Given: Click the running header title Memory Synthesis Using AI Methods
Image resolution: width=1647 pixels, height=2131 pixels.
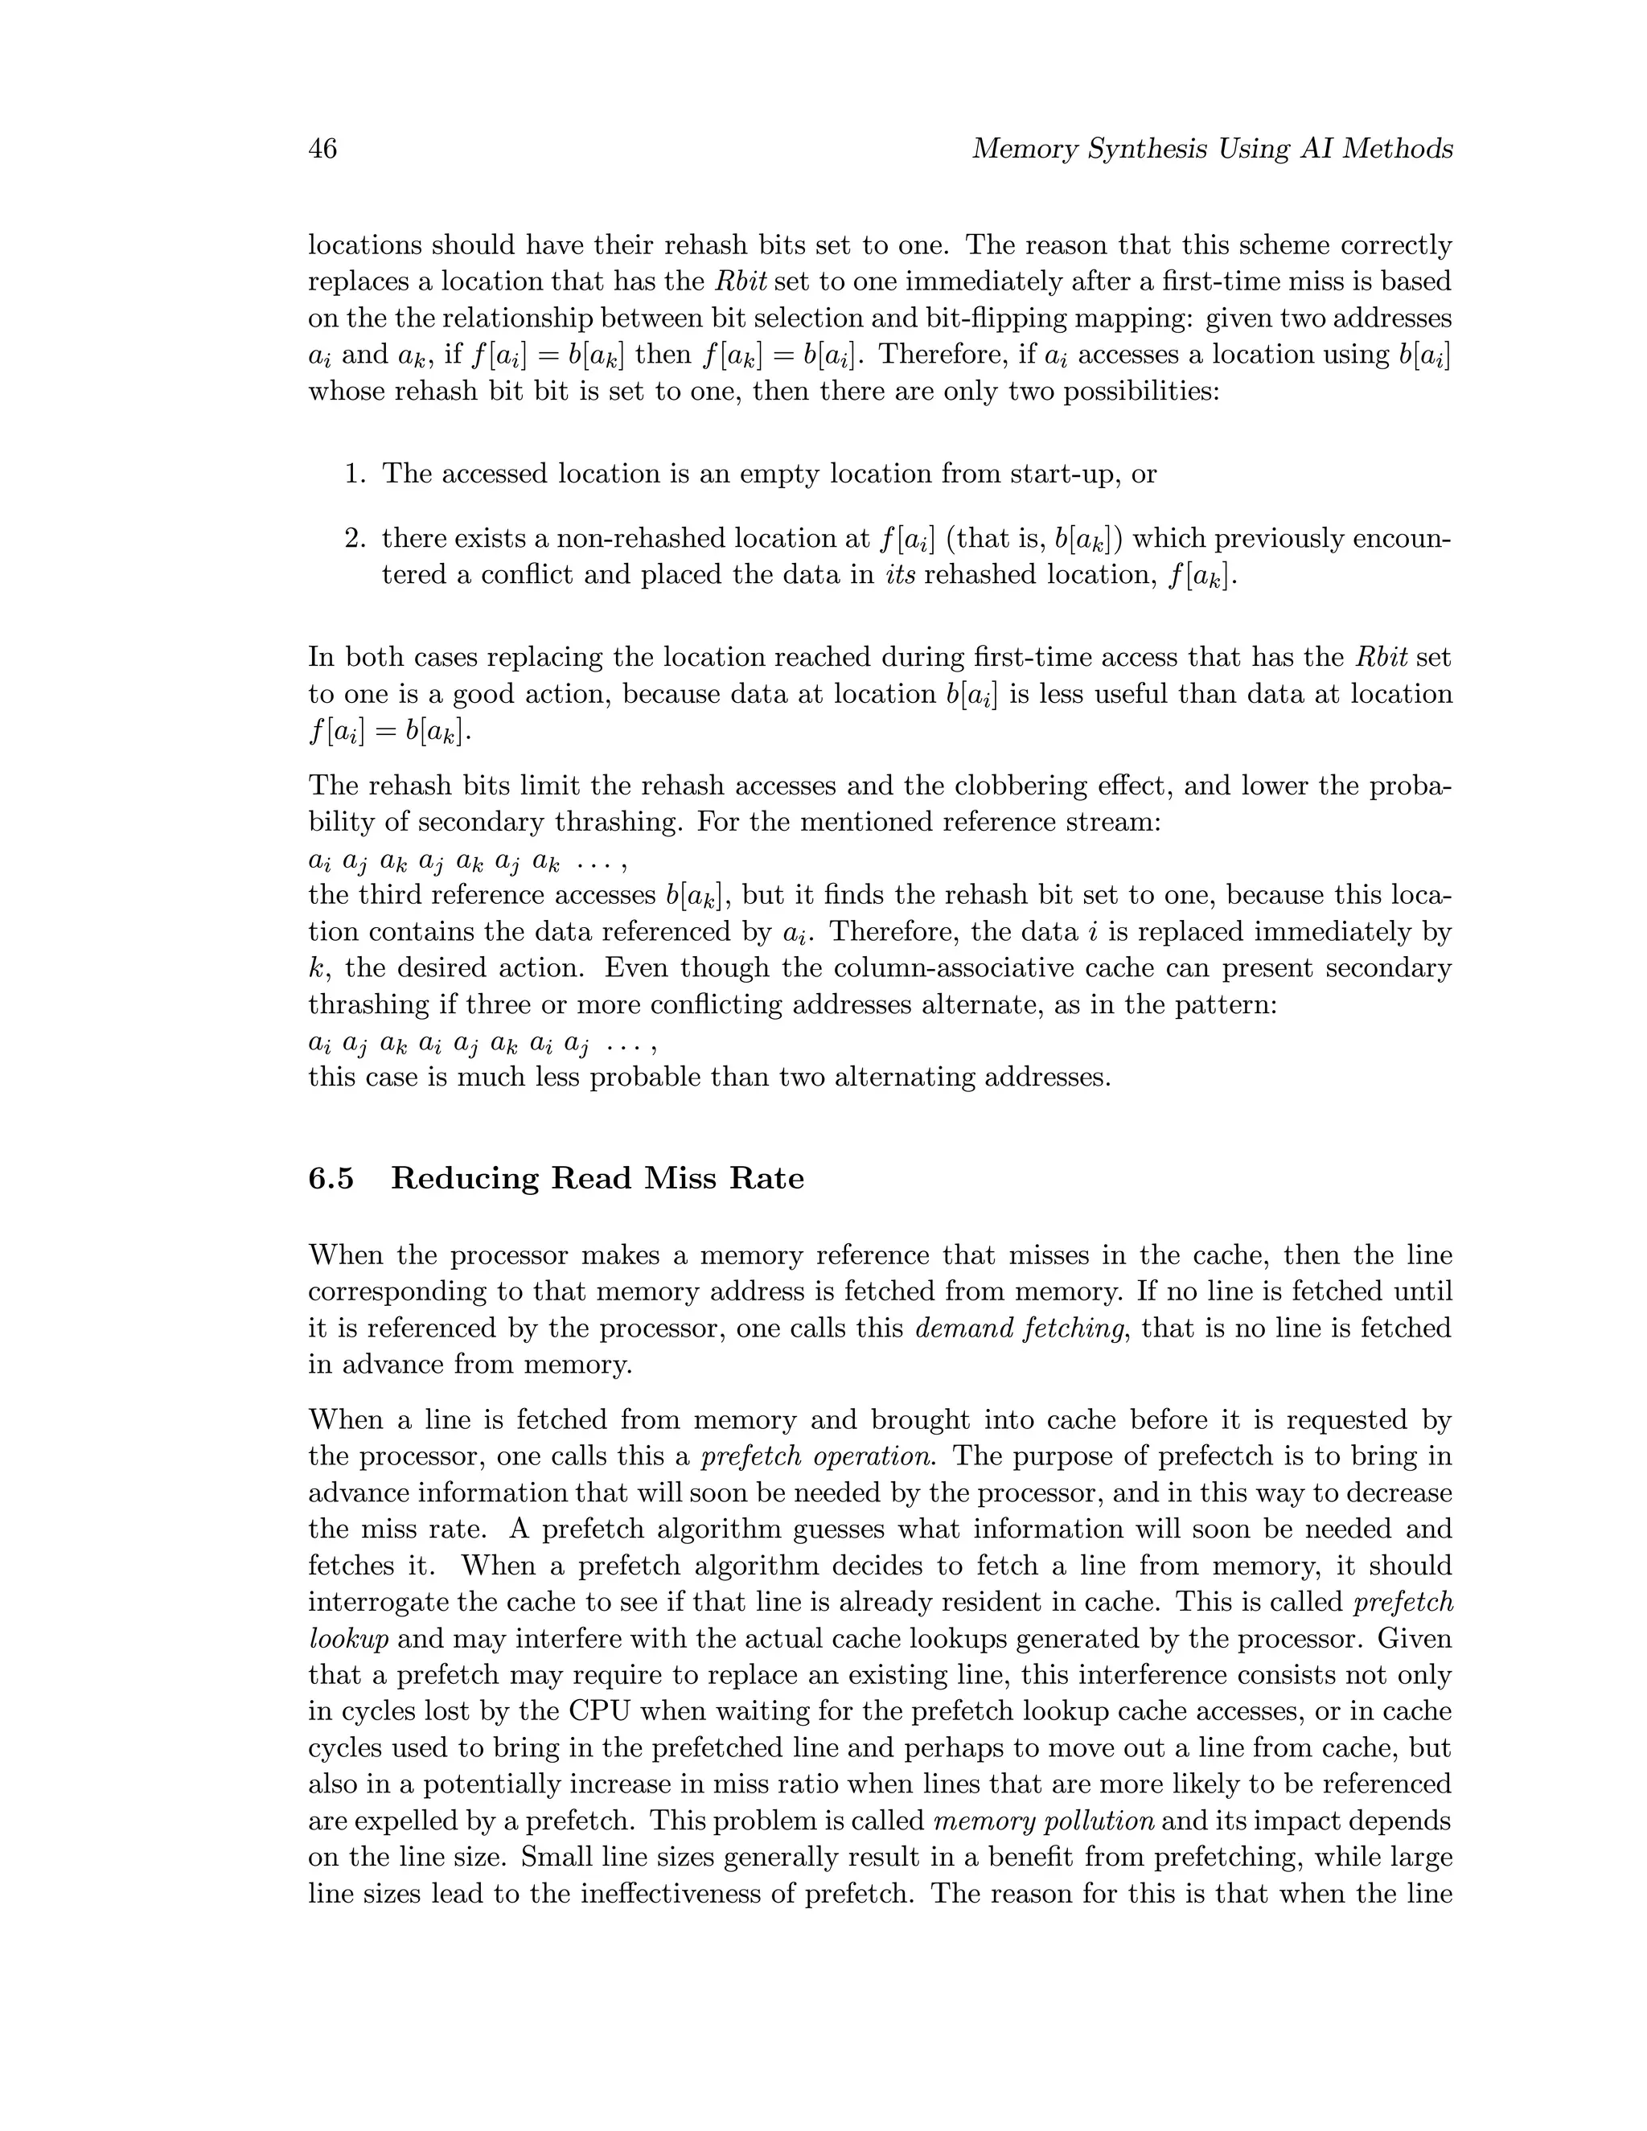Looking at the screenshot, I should pos(1212,150).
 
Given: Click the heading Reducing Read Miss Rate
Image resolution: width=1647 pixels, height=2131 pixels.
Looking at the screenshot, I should pos(598,1179).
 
